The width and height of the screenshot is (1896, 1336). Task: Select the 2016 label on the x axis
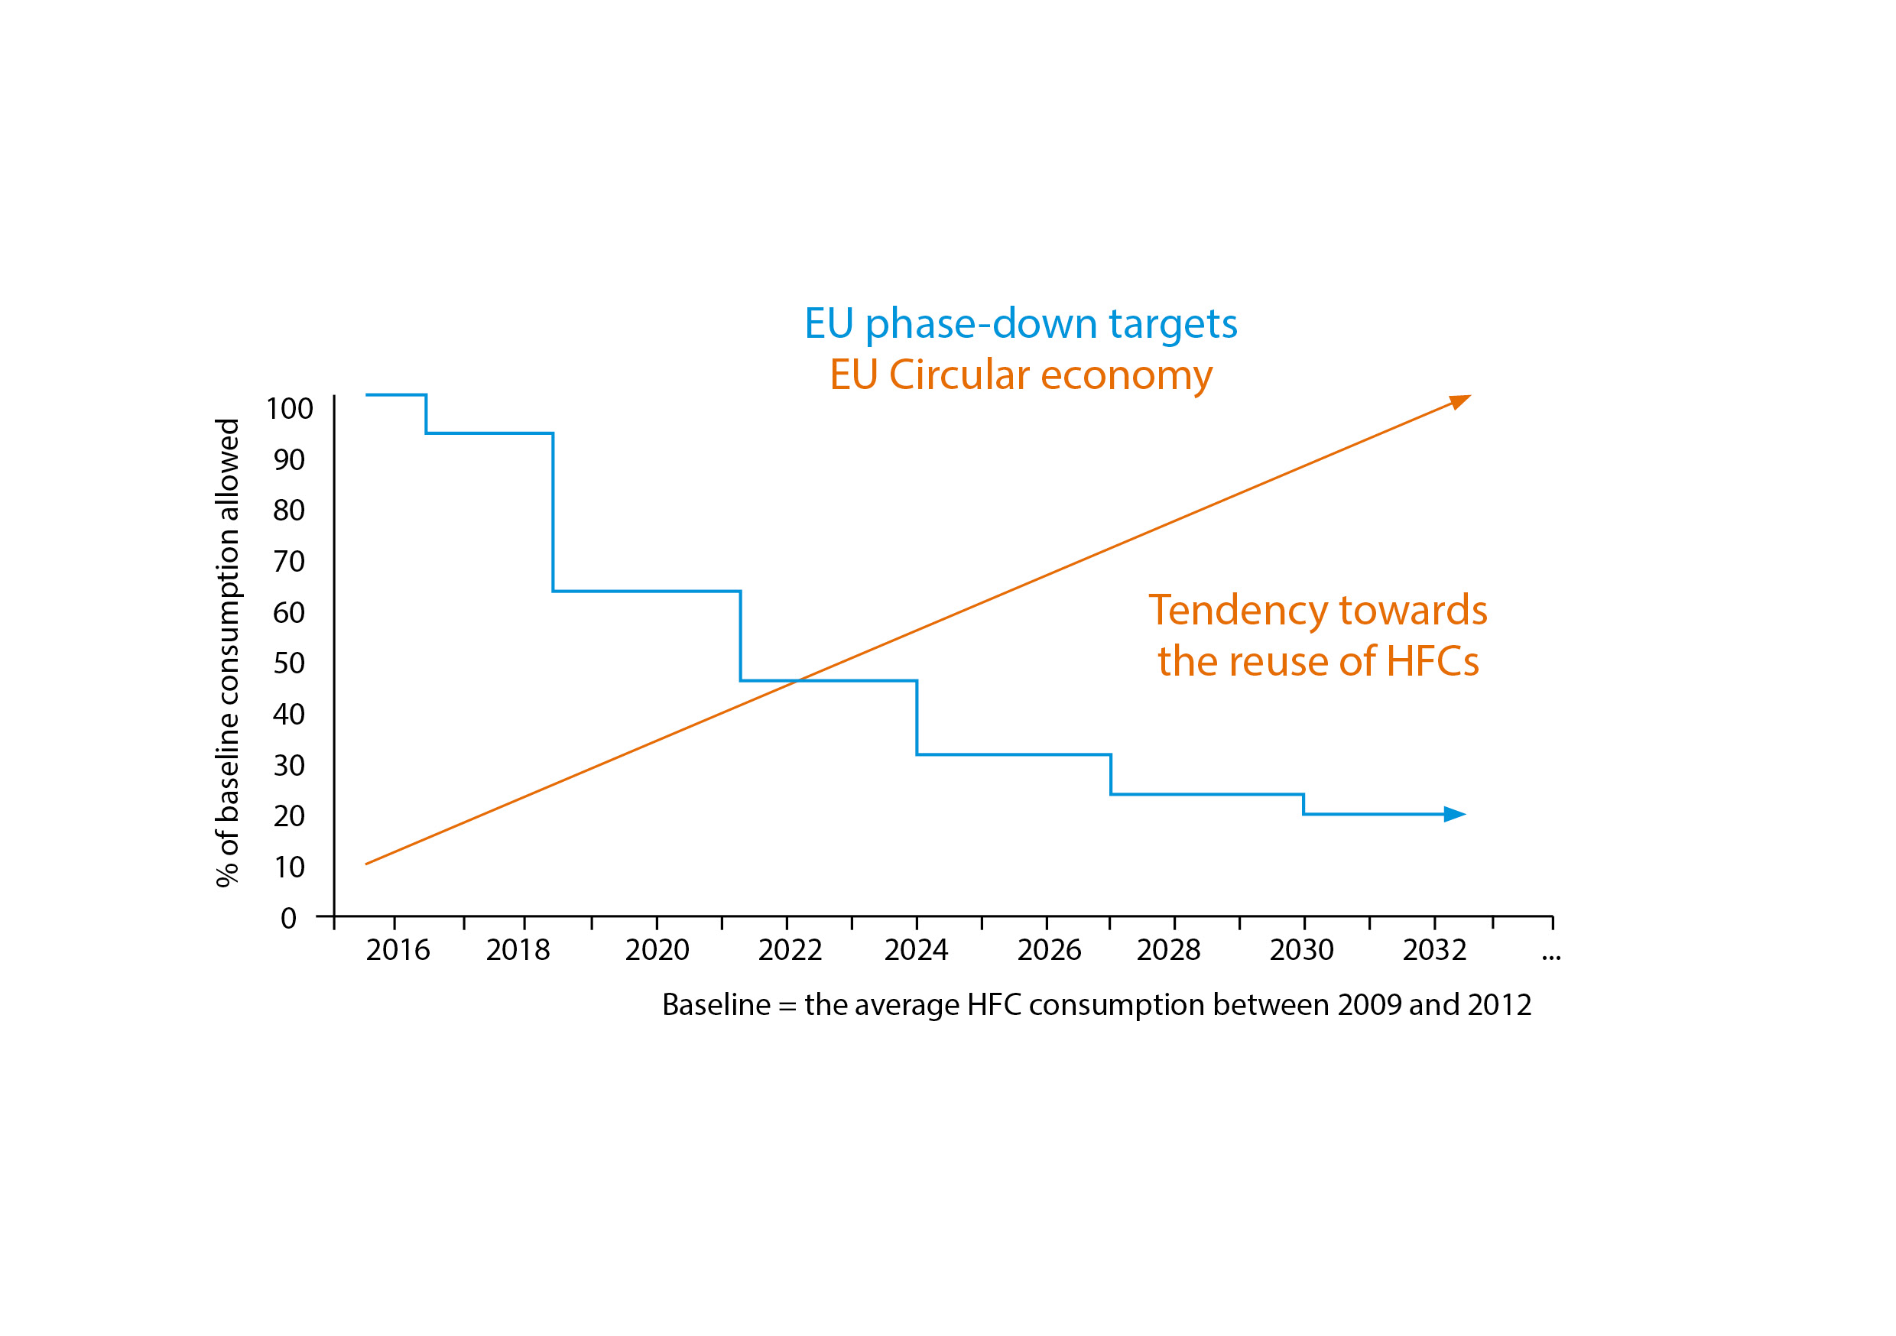(398, 950)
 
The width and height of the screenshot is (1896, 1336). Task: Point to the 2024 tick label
(916, 950)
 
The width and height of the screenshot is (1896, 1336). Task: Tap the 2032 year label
(1434, 950)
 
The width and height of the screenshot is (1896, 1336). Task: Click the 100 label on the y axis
(289, 409)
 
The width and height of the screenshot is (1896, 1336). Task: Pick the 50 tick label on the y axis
(289, 663)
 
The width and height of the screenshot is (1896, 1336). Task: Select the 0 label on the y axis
(288, 918)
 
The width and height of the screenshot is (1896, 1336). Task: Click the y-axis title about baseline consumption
(227, 652)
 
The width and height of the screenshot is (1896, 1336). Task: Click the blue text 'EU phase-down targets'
(1021, 323)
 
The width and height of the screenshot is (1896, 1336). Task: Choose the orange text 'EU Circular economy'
(1021, 375)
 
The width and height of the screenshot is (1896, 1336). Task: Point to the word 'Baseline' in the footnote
(716, 1005)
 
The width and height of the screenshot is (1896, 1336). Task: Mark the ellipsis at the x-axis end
(1551, 957)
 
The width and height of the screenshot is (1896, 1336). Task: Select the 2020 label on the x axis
(657, 950)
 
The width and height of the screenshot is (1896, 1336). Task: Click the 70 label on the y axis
(289, 562)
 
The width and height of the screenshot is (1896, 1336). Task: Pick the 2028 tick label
(1168, 950)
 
